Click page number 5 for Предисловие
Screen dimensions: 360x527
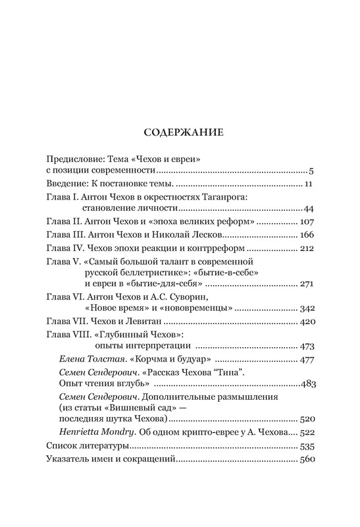(315, 171)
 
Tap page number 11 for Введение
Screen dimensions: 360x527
(312, 184)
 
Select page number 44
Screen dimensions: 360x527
(311, 209)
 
